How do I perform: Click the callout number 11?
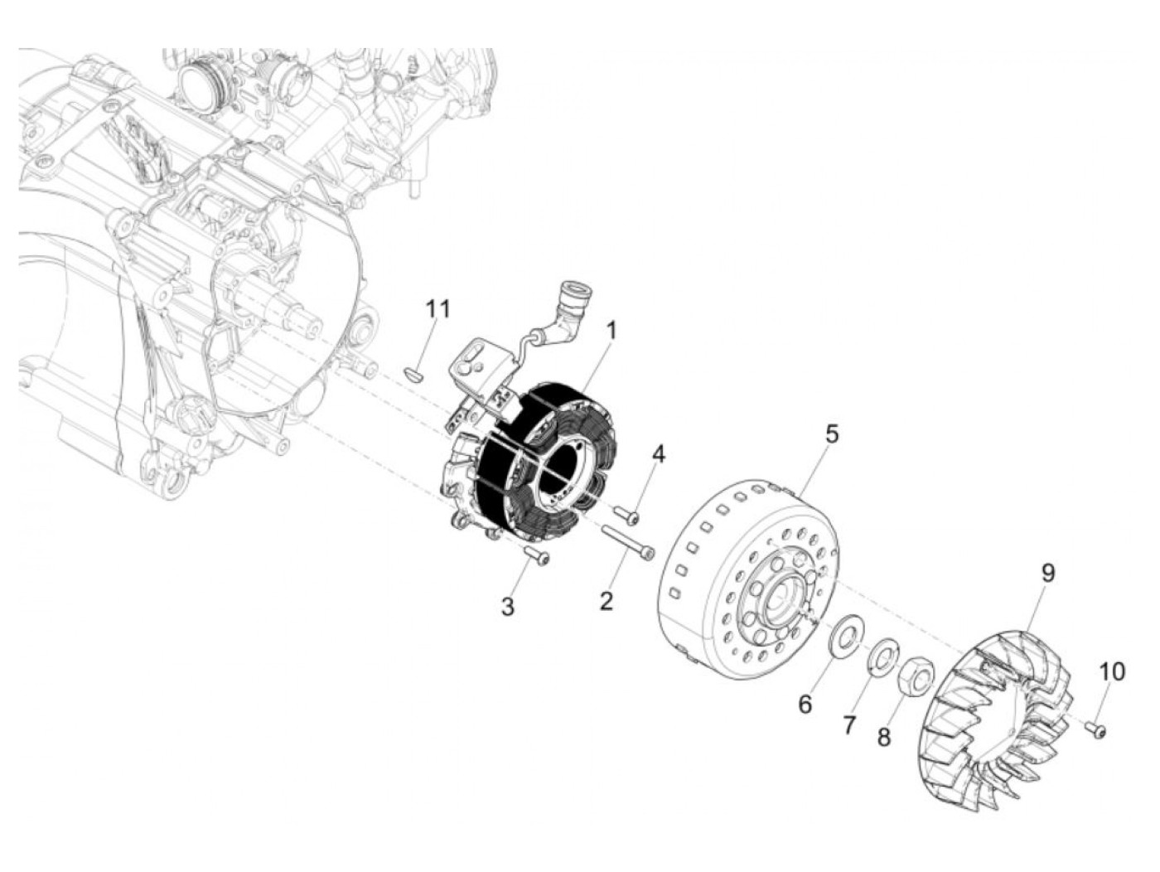tap(437, 309)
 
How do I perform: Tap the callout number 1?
tap(611, 331)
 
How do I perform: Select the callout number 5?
tap(831, 433)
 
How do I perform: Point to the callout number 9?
tap(1047, 572)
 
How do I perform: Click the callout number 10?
tap(1113, 671)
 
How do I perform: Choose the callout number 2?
tap(607, 600)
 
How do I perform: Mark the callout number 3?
tap(507, 606)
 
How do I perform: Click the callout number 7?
tap(848, 724)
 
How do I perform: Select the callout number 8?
tap(884, 735)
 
